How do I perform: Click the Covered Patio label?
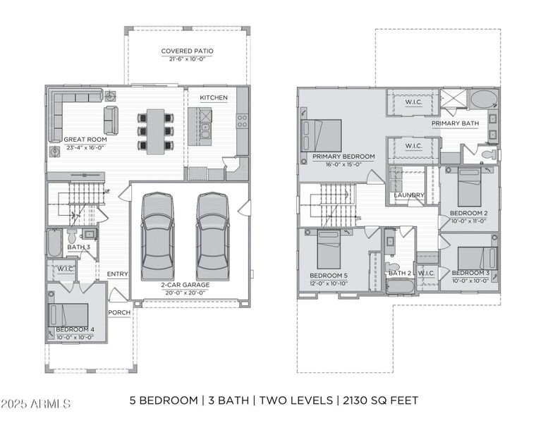coord(187,51)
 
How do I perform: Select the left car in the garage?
coord(157,236)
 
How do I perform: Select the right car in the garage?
coord(212,236)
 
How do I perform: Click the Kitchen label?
coord(213,97)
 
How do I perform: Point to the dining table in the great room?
coord(155,130)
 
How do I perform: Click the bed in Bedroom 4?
coord(69,314)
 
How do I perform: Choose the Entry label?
coord(117,274)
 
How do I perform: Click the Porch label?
coord(118,312)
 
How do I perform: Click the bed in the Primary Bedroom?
coord(323,135)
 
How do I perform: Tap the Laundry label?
coord(409,195)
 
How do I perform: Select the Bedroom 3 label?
coord(470,273)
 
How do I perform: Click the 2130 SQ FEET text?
coord(381,400)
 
